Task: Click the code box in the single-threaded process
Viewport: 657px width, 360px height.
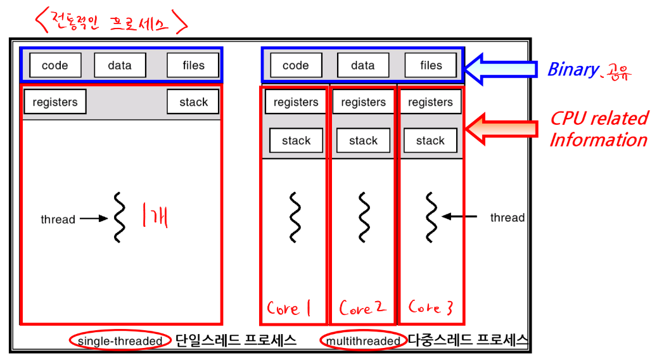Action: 54,65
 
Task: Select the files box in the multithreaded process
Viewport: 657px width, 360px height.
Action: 431,65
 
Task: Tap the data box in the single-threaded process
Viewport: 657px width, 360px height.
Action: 120,65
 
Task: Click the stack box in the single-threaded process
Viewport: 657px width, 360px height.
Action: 193,102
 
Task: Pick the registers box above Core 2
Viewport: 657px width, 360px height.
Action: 363,102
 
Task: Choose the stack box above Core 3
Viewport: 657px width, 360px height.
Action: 430,141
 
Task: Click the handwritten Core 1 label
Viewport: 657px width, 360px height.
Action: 289,309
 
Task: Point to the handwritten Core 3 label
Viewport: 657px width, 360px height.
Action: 431,308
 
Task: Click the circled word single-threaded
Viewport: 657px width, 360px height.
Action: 120,341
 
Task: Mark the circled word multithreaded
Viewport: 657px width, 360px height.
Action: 363,341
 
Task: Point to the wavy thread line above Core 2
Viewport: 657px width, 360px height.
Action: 364,217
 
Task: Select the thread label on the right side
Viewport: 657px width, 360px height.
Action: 507,217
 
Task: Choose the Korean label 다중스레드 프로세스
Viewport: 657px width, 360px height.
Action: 468,340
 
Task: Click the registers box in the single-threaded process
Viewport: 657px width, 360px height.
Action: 55,102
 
